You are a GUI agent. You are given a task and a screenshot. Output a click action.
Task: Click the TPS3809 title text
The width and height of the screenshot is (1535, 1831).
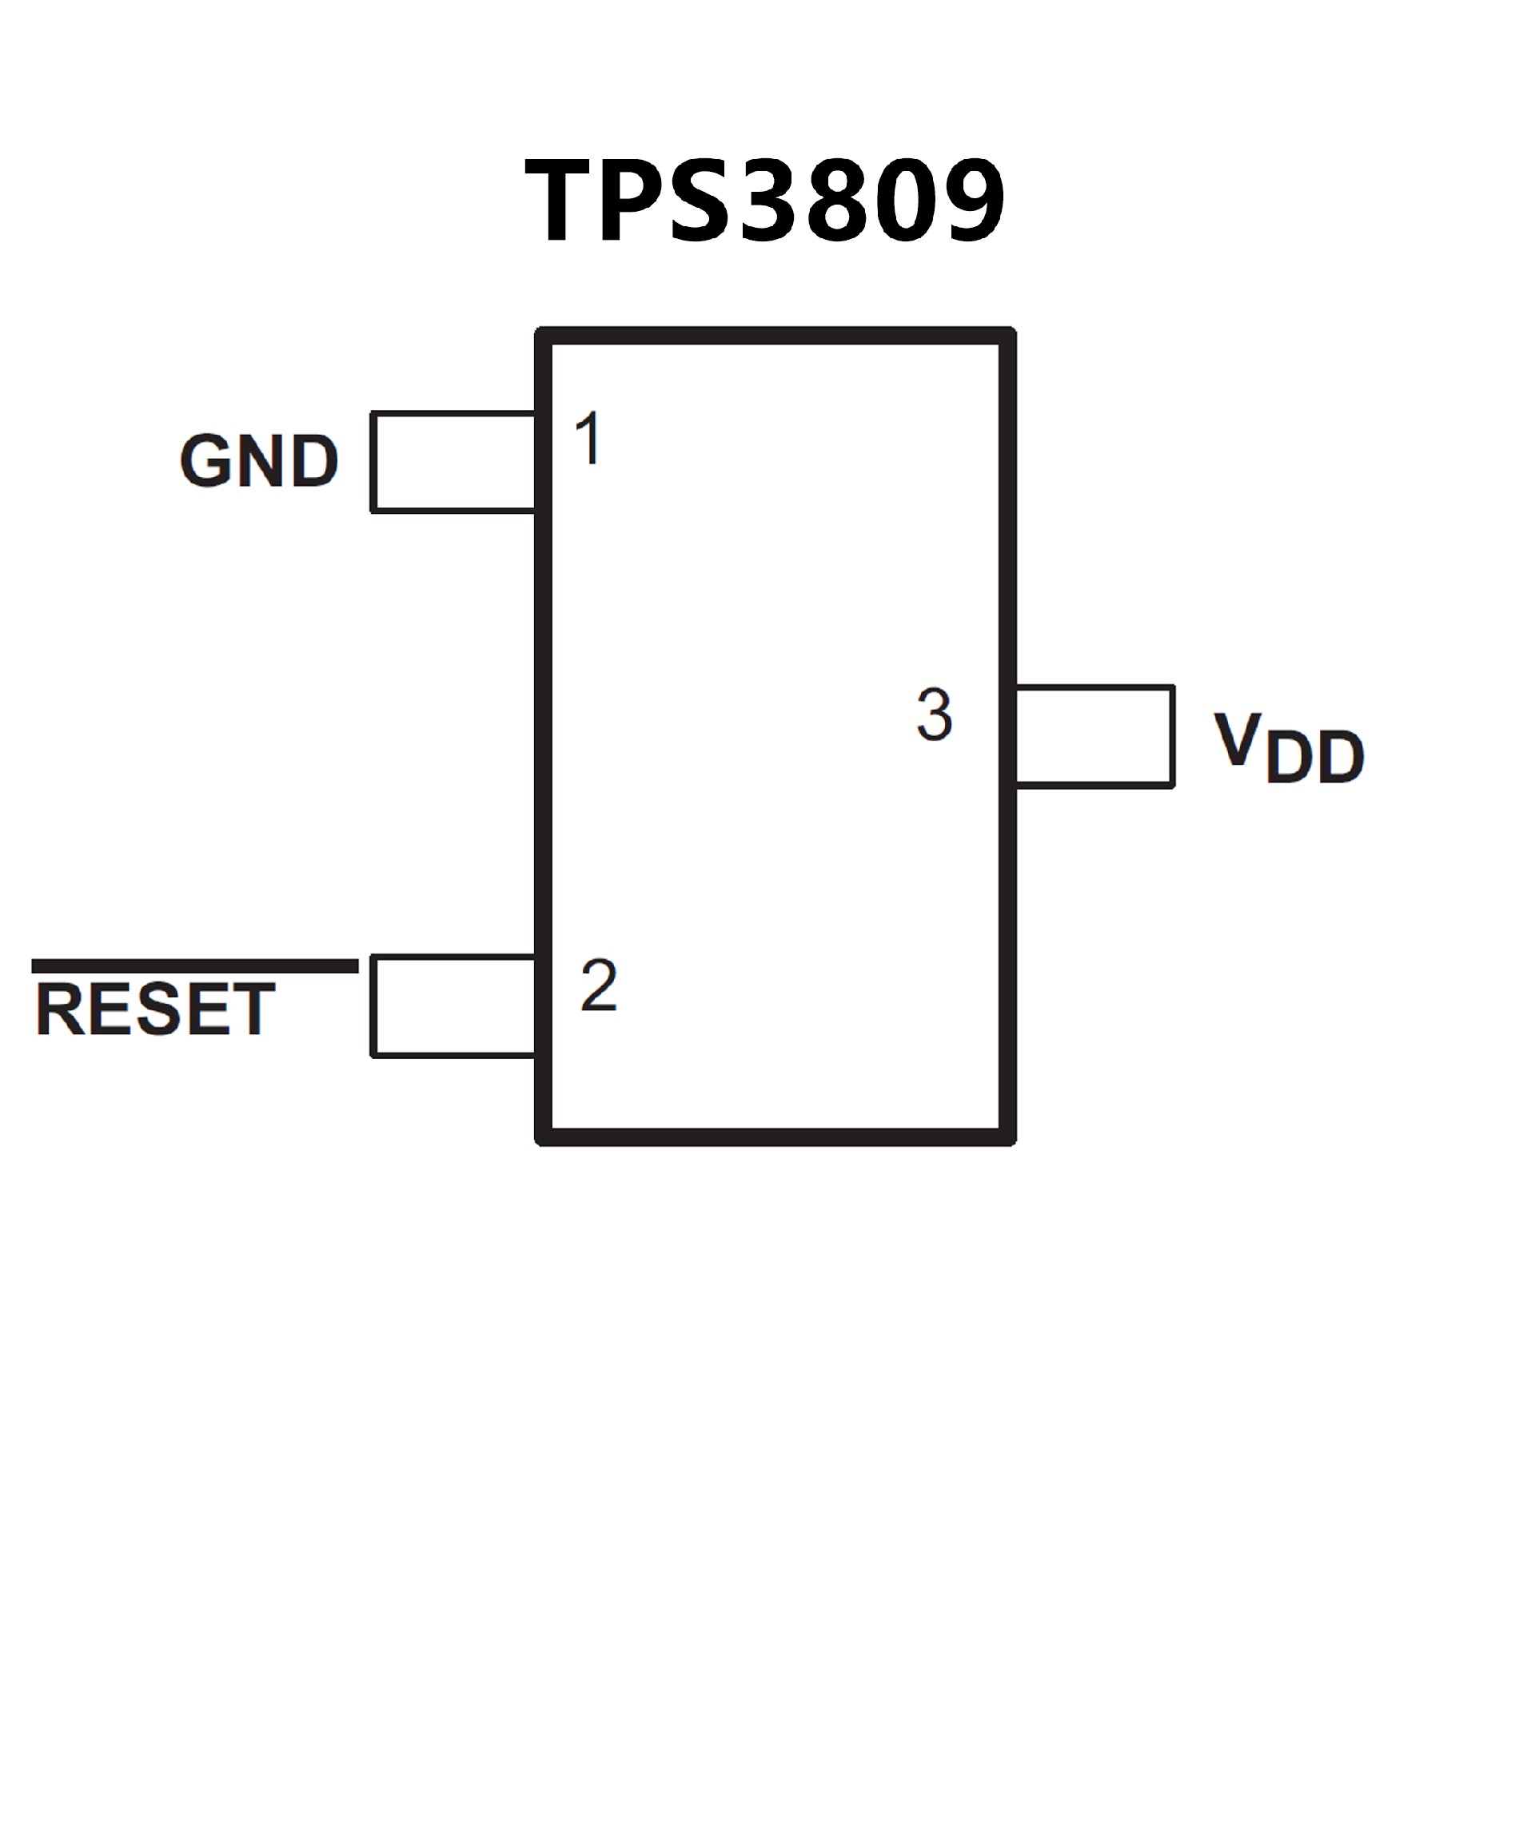point(764,201)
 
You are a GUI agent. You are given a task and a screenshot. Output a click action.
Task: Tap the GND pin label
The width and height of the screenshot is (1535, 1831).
point(259,461)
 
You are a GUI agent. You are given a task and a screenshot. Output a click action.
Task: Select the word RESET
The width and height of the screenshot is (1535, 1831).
point(155,1009)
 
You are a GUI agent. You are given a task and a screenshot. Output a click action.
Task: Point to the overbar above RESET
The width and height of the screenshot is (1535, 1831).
point(194,966)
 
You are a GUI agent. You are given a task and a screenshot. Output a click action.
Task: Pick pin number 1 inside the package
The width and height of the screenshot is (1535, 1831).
point(589,439)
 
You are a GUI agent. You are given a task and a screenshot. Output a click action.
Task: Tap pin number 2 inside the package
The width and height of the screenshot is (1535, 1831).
point(598,985)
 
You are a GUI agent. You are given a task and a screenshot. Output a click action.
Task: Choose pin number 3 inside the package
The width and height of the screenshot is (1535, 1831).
point(934,715)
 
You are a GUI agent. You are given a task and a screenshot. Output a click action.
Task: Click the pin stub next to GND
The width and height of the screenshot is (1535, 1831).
point(453,461)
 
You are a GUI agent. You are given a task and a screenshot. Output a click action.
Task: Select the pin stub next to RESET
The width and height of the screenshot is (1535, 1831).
point(453,1006)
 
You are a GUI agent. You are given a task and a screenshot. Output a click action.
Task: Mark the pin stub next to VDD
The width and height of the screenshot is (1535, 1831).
point(1094,737)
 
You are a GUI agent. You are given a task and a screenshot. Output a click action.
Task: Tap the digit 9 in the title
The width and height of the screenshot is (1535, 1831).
point(970,201)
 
